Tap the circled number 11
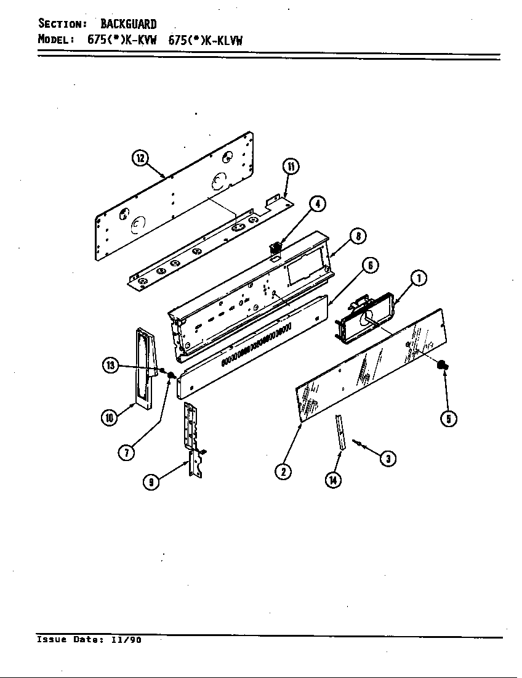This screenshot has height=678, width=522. coord(291,166)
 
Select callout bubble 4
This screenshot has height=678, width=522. coord(317,204)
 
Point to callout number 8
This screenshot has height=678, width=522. coord(358,235)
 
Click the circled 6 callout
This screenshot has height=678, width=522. coord(369,265)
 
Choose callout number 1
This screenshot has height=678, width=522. coord(419,279)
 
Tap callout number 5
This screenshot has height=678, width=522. coord(448,419)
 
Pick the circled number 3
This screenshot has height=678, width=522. coord(388,458)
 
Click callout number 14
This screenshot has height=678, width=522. coord(334,480)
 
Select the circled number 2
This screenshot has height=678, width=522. coord(283,472)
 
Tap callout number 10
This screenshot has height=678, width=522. coord(109,417)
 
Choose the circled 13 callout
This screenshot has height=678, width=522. coord(110,366)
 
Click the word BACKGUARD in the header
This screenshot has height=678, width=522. coord(128,25)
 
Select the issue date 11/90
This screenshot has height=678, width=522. coord(126,640)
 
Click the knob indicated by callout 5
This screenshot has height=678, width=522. coord(441,366)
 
